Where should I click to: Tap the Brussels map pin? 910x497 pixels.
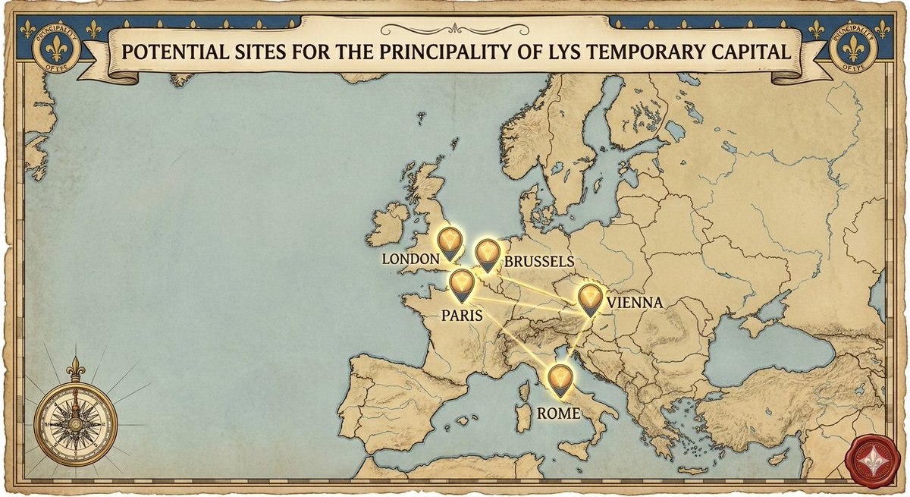tap(487, 254)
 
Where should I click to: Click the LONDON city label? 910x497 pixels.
tap(410, 260)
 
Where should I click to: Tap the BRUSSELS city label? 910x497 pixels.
tap(538, 262)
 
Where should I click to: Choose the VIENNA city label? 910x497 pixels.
tap(634, 304)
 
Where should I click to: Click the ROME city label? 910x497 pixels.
tap(558, 414)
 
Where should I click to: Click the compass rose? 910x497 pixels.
tap(76, 422)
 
